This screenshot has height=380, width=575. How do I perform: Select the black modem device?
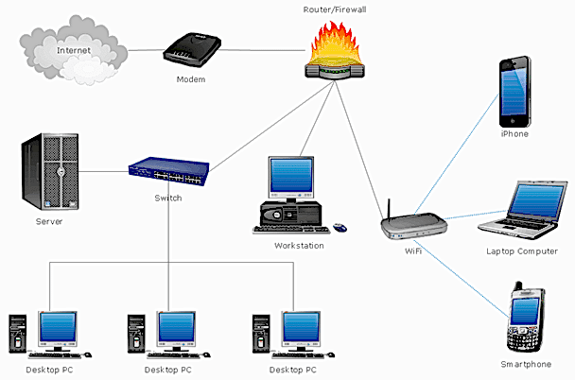[192, 49]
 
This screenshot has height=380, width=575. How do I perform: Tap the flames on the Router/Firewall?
[334, 43]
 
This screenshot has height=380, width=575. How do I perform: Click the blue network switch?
[169, 171]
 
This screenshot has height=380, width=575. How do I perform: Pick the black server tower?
[50, 171]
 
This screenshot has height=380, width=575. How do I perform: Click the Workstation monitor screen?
[291, 175]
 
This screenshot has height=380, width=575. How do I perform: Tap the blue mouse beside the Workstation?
[340, 228]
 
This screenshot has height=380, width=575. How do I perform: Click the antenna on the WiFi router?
[390, 209]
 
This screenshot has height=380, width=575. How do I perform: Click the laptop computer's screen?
[536, 200]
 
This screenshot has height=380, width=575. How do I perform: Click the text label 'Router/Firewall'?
[335, 9]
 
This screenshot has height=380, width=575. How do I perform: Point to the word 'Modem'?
[191, 79]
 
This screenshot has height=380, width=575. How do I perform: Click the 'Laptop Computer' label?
[522, 251]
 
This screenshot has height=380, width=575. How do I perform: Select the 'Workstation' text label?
[299, 246]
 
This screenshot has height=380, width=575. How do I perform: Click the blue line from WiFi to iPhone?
[457, 154]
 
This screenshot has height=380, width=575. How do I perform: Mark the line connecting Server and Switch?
[103, 171]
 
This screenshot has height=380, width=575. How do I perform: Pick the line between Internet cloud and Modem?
[146, 50]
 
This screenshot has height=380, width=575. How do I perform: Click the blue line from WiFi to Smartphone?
[462, 278]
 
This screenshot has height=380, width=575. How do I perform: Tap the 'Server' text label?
[49, 221]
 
